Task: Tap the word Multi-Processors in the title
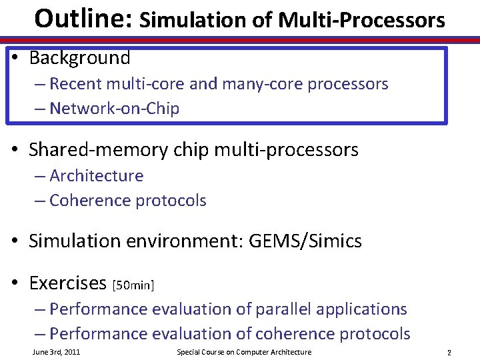(362, 21)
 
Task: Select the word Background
(79, 58)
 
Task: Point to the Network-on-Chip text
(114, 109)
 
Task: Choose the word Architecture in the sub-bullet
(96, 176)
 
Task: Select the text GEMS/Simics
(305, 241)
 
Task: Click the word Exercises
(67, 283)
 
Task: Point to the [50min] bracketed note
(133, 285)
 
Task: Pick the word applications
(360, 309)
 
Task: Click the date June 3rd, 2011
(56, 352)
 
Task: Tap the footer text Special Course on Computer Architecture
(243, 352)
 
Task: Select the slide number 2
(449, 353)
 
